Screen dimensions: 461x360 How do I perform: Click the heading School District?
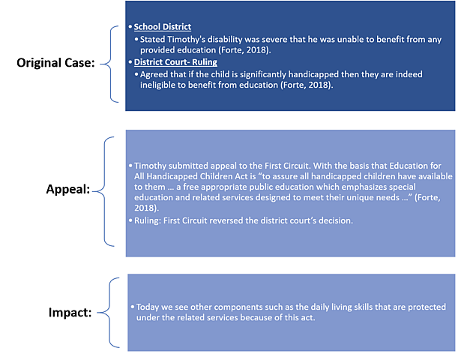tap(162, 27)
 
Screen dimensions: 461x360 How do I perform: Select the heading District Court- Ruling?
tap(175, 62)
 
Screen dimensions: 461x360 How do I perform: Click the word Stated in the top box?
tap(154, 39)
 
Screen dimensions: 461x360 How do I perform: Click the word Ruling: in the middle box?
tap(149, 222)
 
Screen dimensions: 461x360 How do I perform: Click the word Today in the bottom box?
tap(148, 307)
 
